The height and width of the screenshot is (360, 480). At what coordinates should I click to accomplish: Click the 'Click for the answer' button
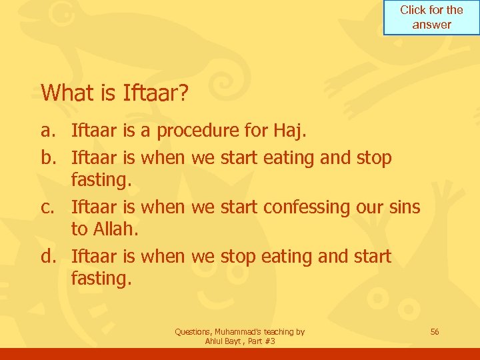pyautogui.click(x=431, y=17)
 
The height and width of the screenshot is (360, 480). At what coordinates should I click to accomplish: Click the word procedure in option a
pyautogui.click(x=201, y=131)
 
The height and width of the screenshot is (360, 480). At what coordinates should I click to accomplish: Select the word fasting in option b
pyautogui.click(x=100, y=181)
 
